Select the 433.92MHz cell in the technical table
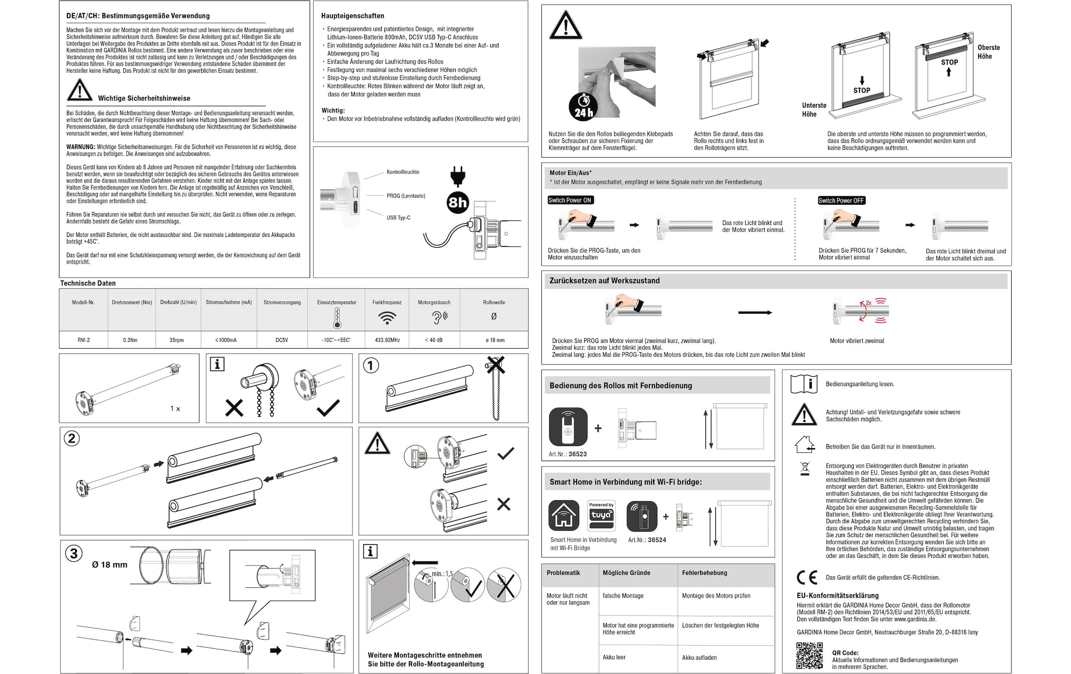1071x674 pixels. pyautogui.click(x=387, y=340)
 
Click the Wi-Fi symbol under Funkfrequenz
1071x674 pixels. pyautogui.click(x=387, y=318)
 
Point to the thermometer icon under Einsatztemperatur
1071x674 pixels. pyautogui.click(x=337, y=318)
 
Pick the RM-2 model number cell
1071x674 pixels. pyautogui.click(x=83, y=340)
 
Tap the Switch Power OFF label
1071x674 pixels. pyautogui.click(x=842, y=201)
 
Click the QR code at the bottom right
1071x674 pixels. pyautogui.click(x=810, y=656)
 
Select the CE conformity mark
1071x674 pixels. pyautogui.click(x=807, y=578)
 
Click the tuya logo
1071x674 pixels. pyautogui.click(x=602, y=516)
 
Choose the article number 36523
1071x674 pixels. pyautogui.click(x=577, y=454)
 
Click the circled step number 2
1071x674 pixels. pyautogui.click(x=72, y=439)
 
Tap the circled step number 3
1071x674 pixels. pyautogui.click(x=74, y=554)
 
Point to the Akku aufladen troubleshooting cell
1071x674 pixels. pyautogui.click(x=699, y=657)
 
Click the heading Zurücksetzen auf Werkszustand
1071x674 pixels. pyautogui.click(x=604, y=281)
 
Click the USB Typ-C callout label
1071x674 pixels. pyautogui.click(x=399, y=218)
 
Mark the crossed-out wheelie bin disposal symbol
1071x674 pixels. pyautogui.click(x=805, y=469)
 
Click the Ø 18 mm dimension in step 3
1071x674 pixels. pyautogui.click(x=110, y=565)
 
